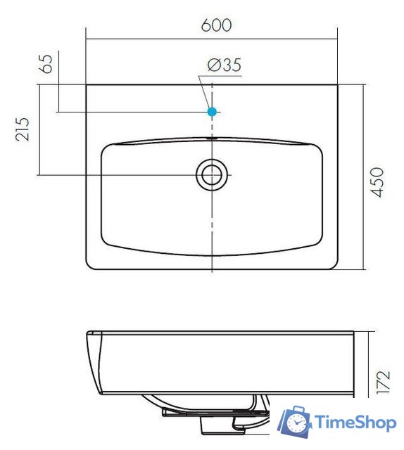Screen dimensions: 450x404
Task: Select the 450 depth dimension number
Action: [x=378, y=182]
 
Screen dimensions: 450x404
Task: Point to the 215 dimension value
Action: [x=23, y=129]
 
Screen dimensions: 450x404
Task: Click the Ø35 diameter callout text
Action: [x=225, y=65]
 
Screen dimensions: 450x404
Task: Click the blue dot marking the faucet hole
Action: [x=212, y=111]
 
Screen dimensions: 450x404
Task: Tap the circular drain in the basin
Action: [x=211, y=174]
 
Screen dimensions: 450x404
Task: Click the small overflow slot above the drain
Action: [x=211, y=139]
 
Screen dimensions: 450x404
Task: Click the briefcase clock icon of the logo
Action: [x=296, y=422]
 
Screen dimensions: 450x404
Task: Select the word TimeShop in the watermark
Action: [x=355, y=423]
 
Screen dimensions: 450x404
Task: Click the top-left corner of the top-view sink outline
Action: [x=87, y=86]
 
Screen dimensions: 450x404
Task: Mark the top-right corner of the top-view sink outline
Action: [x=337, y=86]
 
